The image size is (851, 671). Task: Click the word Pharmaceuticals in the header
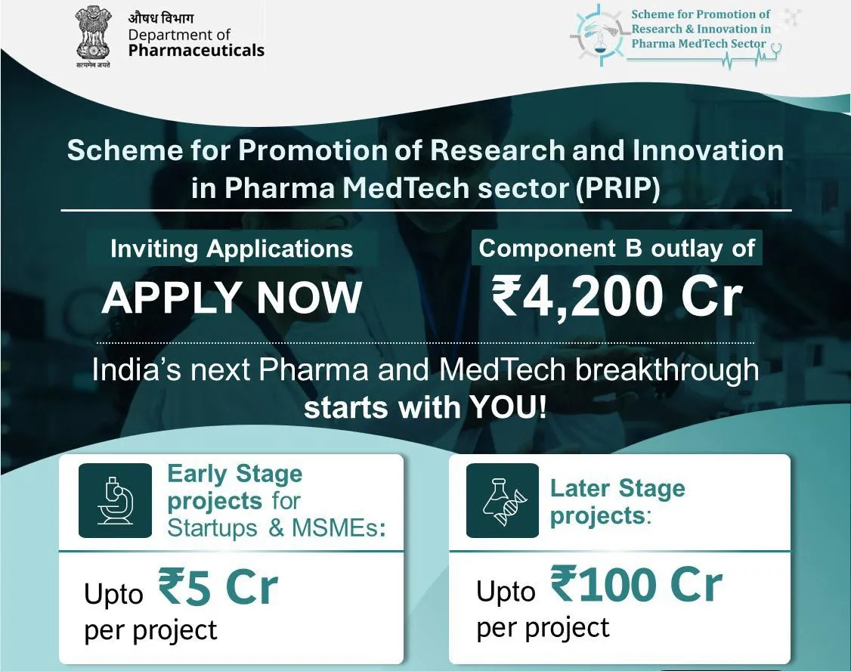click(x=196, y=51)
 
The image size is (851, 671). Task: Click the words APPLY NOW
click(x=232, y=298)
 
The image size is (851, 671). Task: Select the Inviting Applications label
click(x=232, y=249)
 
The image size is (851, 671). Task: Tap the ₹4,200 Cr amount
click(x=617, y=296)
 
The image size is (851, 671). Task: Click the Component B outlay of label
click(x=617, y=249)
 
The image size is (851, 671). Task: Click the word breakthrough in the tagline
click(x=667, y=370)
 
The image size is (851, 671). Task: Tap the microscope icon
click(x=115, y=501)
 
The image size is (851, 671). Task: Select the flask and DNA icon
click(x=503, y=501)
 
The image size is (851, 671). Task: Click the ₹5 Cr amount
click(x=218, y=587)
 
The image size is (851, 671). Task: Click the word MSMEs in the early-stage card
click(x=339, y=527)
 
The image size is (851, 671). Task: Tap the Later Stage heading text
click(x=617, y=488)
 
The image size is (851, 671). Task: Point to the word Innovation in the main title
click(x=708, y=150)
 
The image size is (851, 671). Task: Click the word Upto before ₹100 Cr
click(x=506, y=591)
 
